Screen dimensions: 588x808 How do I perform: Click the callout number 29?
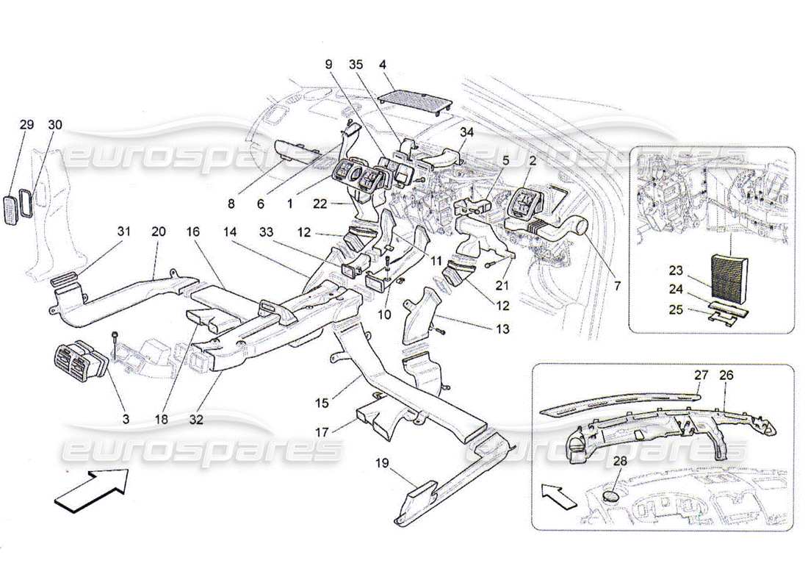pyautogui.click(x=26, y=125)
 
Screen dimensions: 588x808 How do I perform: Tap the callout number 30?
pyautogui.click(x=55, y=125)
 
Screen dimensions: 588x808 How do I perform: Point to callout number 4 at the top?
pyautogui.click(x=383, y=64)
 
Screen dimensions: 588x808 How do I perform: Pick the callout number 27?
pyautogui.click(x=699, y=375)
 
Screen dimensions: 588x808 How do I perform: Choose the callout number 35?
pyautogui.click(x=356, y=64)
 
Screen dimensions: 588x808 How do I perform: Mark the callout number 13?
pyautogui.click(x=502, y=330)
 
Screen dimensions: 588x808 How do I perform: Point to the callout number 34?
pyautogui.click(x=467, y=132)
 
